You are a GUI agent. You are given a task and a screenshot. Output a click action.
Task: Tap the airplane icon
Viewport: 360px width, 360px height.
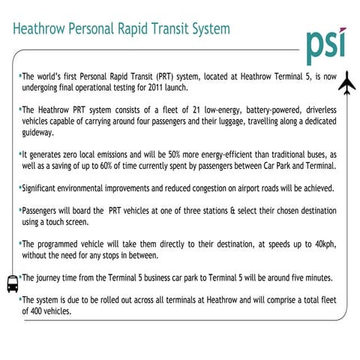pos(346,86)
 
